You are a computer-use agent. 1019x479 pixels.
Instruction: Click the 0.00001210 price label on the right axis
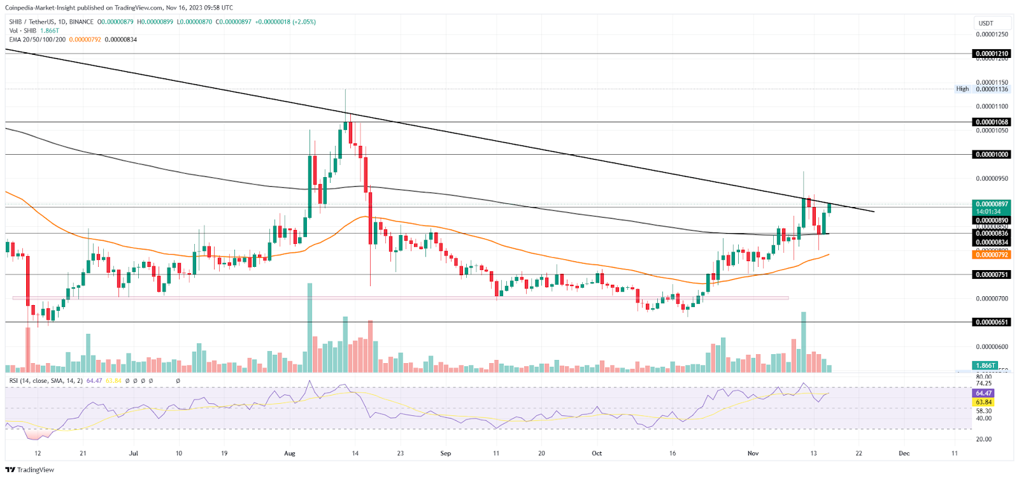tap(992, 54)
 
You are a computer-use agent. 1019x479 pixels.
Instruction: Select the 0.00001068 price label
tap(992, 122)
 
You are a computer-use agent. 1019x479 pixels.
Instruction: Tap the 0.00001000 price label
tap(992, 154)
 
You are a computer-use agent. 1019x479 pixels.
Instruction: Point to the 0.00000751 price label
tap(992, 275)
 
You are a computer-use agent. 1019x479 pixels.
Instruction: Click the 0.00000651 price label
tap(992, 322)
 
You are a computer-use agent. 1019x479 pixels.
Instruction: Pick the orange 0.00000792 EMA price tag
tap(992, 255)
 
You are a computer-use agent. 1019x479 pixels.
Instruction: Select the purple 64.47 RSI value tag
tap(984, 393)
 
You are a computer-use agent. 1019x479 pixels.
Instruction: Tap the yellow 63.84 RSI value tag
tap(984, 402)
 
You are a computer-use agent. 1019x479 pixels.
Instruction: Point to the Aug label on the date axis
tap(290, 454)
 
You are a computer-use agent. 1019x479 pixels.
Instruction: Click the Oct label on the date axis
tap(597, 454)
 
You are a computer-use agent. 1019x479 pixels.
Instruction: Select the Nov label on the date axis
tap(753, 454)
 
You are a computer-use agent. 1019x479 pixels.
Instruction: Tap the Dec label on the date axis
tap(904, 454)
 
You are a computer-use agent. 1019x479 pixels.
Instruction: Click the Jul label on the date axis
tap(133, 454)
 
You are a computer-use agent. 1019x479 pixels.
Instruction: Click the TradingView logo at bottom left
tap(30, 470)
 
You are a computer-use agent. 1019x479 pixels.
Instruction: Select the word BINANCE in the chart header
tap(82, 22)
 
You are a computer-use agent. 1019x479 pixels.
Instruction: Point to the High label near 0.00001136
tap(962, 89)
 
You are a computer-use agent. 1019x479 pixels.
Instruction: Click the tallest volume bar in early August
tap(310, 328)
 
